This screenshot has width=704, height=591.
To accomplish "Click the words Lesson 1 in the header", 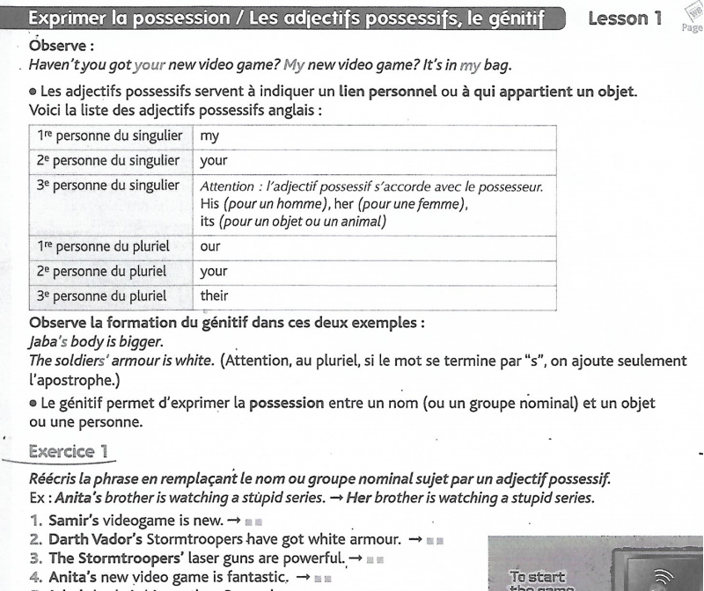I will [623, 18].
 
